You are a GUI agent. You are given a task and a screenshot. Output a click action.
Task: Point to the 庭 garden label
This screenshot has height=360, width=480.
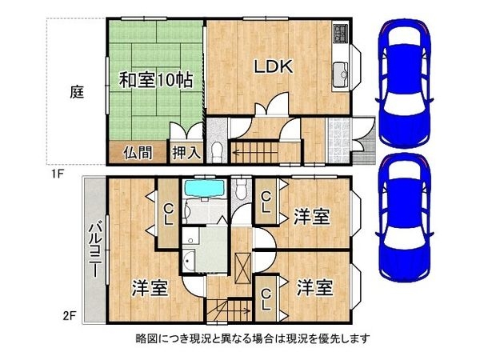coord(77,92)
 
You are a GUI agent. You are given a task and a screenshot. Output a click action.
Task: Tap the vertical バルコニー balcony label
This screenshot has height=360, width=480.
coord(93,248)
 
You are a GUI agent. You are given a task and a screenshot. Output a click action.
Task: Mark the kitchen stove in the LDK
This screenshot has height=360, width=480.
coord(342,33)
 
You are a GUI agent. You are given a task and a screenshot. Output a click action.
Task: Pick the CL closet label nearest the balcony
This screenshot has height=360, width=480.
coord(168,214)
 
